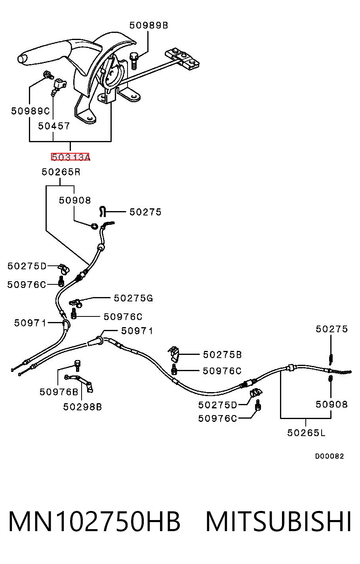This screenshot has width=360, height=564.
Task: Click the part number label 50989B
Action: coord(149,25)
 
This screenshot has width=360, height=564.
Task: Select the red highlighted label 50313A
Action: coord(70,157)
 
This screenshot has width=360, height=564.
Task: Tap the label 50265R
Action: coord(61,172)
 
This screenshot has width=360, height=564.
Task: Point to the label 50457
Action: coord(54,126)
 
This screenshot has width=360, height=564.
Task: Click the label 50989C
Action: coord(30,111)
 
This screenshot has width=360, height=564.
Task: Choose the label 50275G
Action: coord(133,298)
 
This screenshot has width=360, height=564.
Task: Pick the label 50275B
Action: coord(222,354)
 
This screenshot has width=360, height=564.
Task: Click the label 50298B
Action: coord(82,407)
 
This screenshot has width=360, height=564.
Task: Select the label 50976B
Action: coord(59,392)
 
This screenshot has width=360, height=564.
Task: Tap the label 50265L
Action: coord(307,433)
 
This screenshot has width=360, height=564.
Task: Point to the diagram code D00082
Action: coord(330,456)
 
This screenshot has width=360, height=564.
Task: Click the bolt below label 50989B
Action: coord(134,61)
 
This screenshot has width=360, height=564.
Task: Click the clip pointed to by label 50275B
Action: coord(174,354)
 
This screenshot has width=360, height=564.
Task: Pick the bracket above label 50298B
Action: coord(79,383)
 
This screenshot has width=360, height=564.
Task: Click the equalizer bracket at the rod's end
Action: coord(182,59)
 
